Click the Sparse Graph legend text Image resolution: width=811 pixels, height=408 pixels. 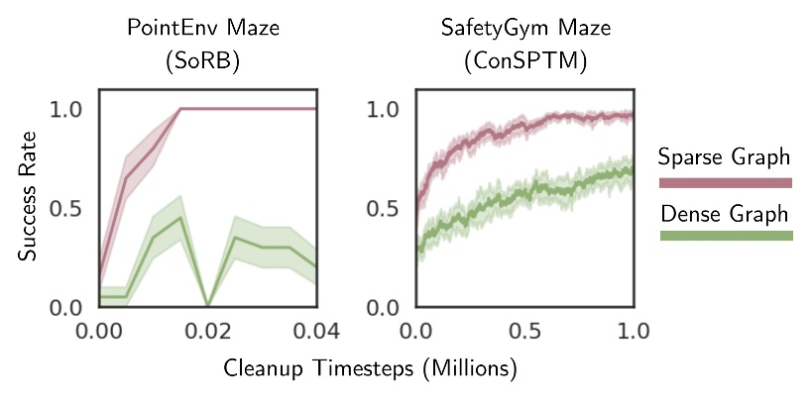(725, 156)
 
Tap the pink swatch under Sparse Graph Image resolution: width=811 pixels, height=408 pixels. (725, 182)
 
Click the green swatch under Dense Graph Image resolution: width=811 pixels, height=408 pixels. (725, 236)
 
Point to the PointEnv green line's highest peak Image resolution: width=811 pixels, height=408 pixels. (180, 217)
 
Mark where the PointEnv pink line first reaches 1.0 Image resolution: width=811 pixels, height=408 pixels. (180, 109)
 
